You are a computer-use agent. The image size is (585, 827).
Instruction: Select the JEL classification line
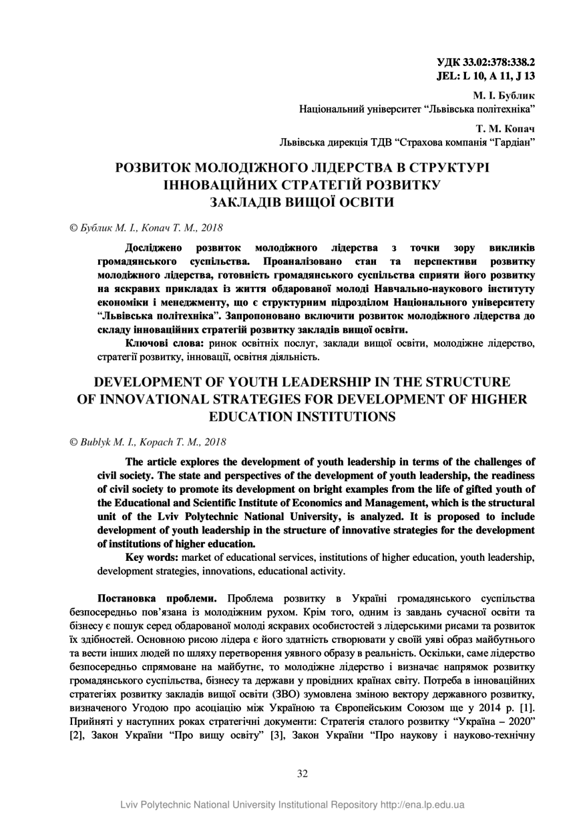point(485,76)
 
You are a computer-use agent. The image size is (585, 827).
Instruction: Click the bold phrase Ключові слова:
point(165,343)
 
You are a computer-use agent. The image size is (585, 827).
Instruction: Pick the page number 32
point(302,774)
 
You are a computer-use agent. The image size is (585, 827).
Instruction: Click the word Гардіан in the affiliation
point(510,141)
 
